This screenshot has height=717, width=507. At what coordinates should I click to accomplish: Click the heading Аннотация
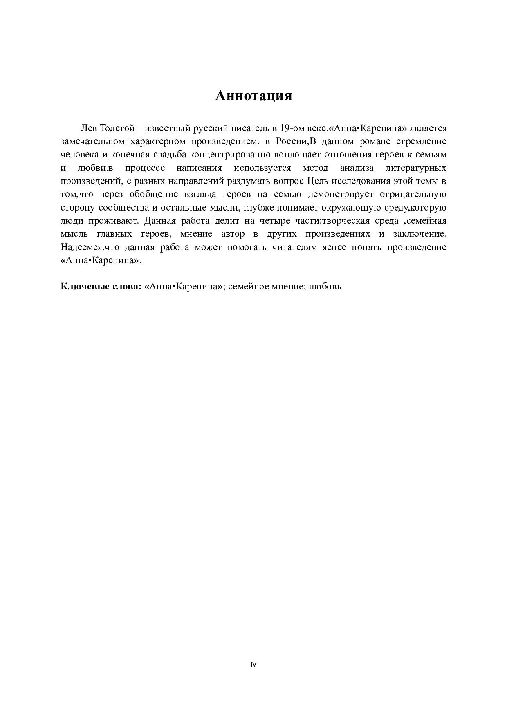(x=253, y=96)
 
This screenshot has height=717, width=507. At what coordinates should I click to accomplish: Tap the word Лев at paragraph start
(x=89, y=128)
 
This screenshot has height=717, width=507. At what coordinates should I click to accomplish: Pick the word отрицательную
(x=413, y=194)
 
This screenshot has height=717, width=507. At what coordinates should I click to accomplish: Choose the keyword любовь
(x=325, y=287)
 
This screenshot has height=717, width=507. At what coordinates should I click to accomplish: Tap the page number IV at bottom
(x=253, y=665)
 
